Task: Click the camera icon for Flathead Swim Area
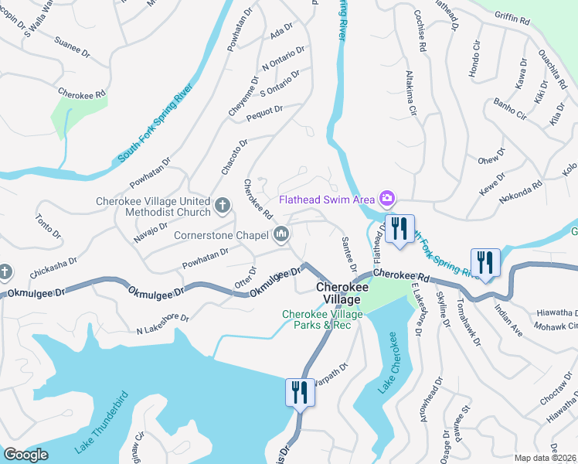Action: (386, 200)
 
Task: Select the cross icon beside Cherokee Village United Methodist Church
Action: (223, 206)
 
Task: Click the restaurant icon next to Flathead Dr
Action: (399, 230)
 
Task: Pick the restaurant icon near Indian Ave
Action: (484, 263)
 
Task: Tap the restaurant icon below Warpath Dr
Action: (299, 392)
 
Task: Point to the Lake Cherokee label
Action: (386, 364)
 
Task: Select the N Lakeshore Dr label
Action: (162, 324)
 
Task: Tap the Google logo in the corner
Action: (25, 455)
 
